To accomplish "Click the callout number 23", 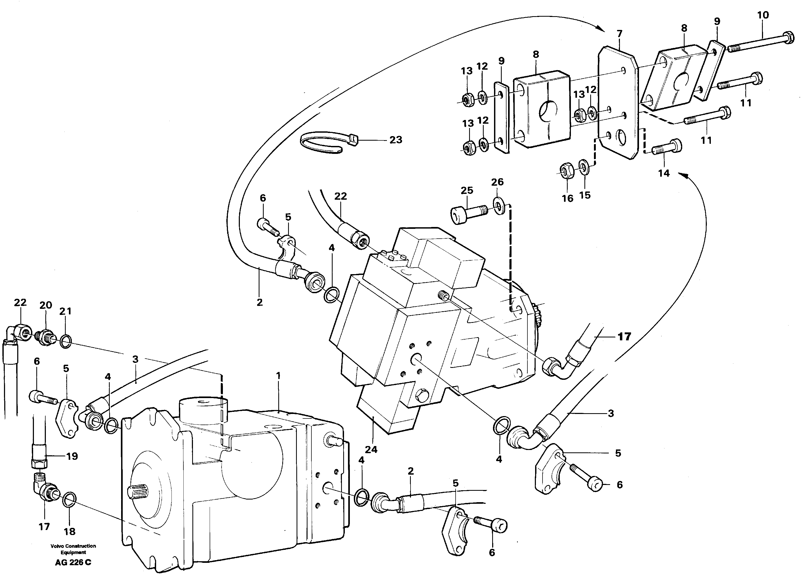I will (x=396, y=140).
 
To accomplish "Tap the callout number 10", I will (x=763, y=15).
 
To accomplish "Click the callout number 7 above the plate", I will (x=619, y=34).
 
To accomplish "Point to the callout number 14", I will (x=664, y=173).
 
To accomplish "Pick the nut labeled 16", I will (x=567, y=170).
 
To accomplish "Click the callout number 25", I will (x=467, y=190).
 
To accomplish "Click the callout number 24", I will (x=371, y=449).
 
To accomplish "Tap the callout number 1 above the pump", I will (x=278, y=376).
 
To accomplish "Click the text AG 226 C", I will (x=73, y=563).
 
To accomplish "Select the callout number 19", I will (x=72, y=456).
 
